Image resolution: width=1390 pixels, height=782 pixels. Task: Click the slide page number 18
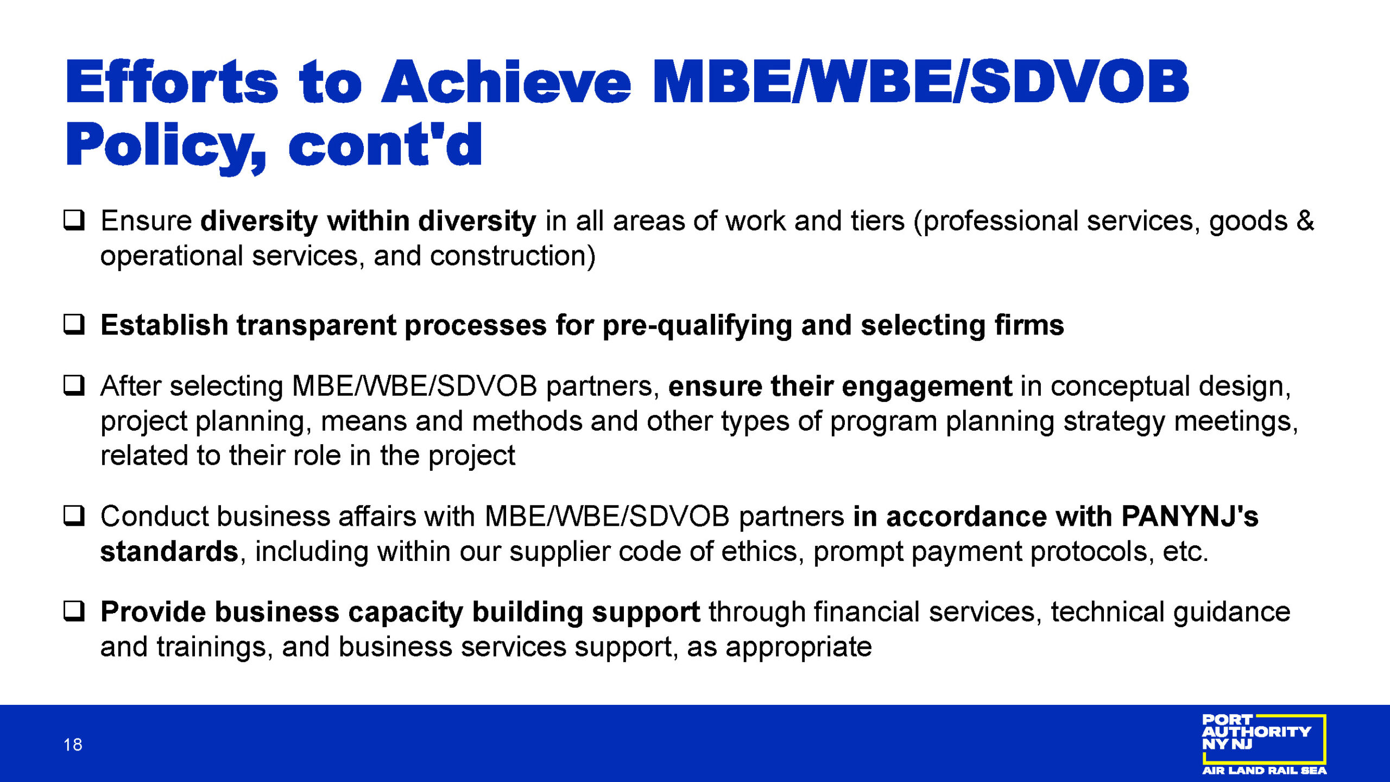[73, 745]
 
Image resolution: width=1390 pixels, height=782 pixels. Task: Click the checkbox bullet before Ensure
[74, 220]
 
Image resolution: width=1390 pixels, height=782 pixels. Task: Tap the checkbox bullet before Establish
[74, 324]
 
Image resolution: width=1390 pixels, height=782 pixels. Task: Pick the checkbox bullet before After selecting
[74, 385]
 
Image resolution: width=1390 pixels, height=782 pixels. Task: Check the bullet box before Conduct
[74, 515]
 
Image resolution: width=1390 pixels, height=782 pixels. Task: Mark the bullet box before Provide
[74, 611]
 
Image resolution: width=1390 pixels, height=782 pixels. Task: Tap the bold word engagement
[927, 387]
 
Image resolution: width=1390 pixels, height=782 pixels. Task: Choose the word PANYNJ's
[1190, 516]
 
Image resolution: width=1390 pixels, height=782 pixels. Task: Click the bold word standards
[169, 551]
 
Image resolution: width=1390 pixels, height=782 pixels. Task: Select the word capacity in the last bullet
[406, 613]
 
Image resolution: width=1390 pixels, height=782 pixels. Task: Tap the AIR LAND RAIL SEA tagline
[1265, 770]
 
